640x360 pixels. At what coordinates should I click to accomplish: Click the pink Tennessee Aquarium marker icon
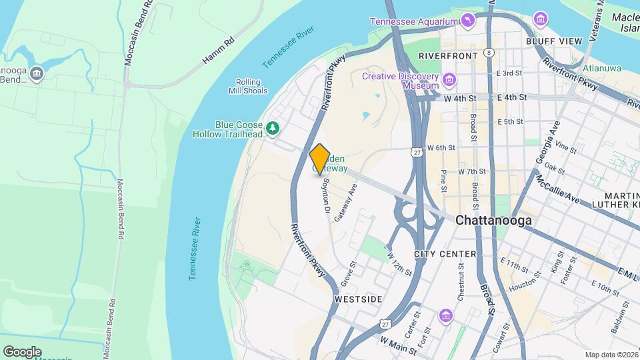[x=469, y=21]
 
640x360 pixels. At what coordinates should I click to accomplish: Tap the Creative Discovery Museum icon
[x=449, y=81]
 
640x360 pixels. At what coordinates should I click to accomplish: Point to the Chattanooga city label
[x=493, y=220]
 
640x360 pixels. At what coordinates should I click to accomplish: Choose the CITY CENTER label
[x=445, y=254]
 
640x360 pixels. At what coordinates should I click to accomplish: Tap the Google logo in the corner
[x=22, y=351]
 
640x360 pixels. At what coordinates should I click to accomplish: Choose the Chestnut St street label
[x=460, y=279]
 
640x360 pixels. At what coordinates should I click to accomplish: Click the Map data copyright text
[x=611, y=355]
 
